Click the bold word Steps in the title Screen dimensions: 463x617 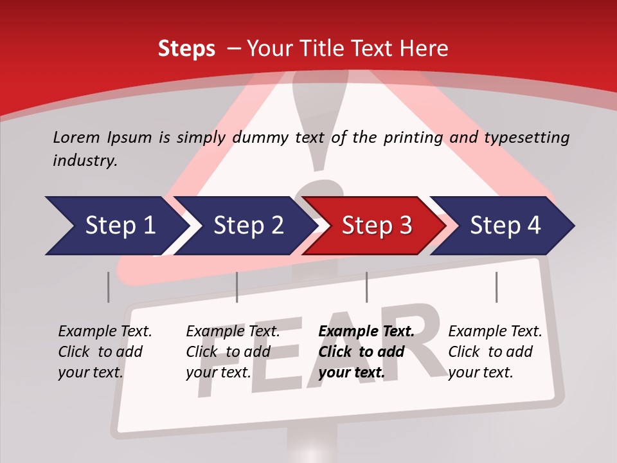186,49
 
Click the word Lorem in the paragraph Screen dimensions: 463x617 76,137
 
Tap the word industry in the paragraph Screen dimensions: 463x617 84,161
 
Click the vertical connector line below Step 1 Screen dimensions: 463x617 109,287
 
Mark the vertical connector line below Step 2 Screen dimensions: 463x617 237,287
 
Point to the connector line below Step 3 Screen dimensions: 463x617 366,287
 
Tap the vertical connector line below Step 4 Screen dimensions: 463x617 496,287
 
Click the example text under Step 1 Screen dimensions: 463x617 105,352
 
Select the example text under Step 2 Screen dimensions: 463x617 233,352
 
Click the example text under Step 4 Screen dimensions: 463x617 495,352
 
